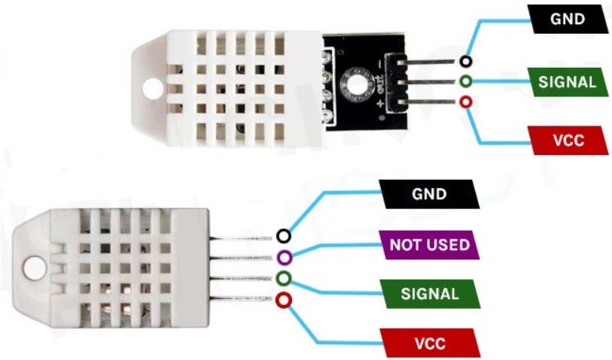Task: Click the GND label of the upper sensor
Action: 568,20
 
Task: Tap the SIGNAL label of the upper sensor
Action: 568,81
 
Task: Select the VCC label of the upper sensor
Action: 568,140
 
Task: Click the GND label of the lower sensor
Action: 429,194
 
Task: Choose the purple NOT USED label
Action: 429,245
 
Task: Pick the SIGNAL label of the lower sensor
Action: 429,294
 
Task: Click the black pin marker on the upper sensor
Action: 467,62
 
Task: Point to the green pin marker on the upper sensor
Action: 466,81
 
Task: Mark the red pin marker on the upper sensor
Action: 466,102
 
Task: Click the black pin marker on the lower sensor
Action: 283,236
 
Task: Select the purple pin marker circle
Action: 283,258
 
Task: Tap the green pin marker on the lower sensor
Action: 283,279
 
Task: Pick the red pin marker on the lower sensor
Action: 283,301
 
